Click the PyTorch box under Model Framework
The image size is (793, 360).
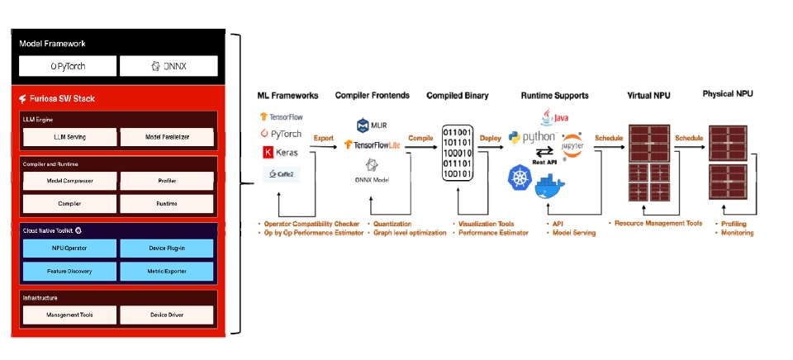click(66, 66)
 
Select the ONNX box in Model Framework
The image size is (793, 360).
click(169, 66)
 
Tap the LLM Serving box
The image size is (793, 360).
click(66, 136)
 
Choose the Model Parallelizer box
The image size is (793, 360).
click(169, 136)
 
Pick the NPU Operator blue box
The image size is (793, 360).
click(66, 248)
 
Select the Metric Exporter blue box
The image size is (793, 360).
click(169, 270)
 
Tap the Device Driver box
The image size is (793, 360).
click(169, 315)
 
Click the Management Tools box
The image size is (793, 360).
click(66, 315)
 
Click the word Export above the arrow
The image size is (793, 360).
click(323, 139)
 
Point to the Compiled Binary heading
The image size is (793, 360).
click(457, 96)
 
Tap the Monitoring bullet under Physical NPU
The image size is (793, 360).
click(736, 233)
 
